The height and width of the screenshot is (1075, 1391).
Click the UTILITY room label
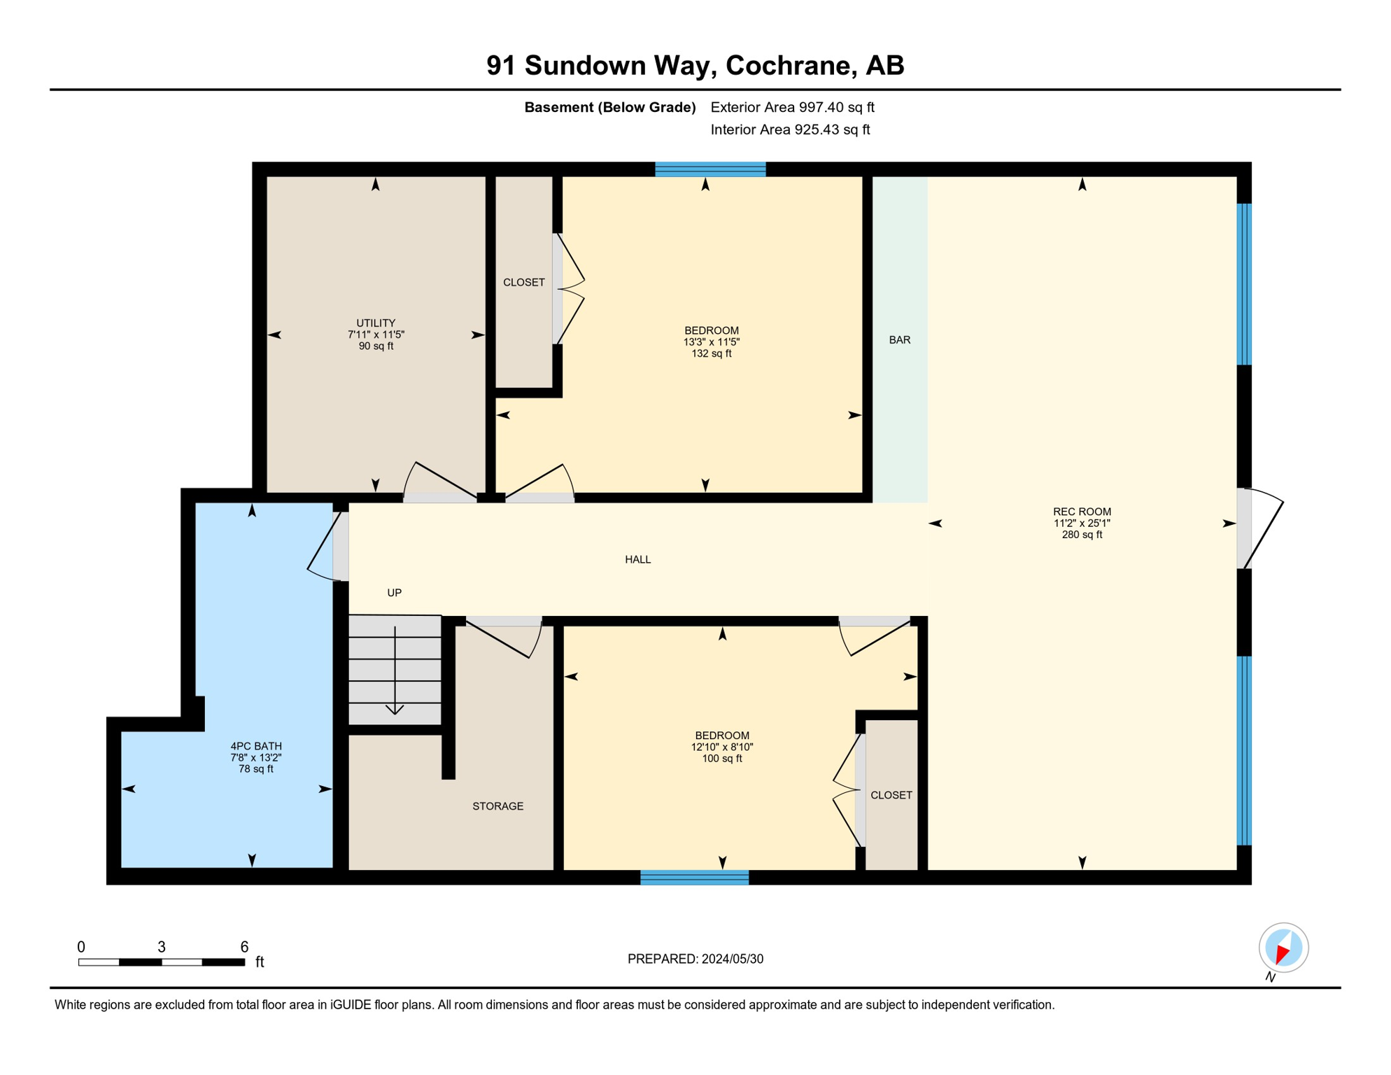[x=376, y=323]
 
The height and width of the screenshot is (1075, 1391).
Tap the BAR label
[x=899, y=340]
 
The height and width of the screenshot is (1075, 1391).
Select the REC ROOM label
[x=1082, y=512]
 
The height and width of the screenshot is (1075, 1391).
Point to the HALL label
[x=637, y=559]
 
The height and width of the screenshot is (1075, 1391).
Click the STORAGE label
[x=497, y=806]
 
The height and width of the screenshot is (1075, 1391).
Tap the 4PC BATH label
[x=256, y=746]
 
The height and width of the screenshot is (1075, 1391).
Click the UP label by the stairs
[x=394, y=593]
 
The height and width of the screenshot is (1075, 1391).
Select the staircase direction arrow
[x=395, y=672]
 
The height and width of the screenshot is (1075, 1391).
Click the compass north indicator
[x=1283, y=948]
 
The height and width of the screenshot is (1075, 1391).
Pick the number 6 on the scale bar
[x=244, y=947]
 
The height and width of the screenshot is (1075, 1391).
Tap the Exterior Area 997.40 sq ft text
[x=792, y=107]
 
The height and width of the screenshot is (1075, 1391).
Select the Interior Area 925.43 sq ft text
[x=790, y=129]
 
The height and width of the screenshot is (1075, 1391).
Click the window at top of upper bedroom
[x=710, y=169]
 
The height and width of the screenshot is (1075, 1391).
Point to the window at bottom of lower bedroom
[x=694, y=878]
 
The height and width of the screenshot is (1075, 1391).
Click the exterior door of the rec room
[x=1252, y=528]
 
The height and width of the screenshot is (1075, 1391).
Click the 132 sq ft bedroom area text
[x=712, y=354]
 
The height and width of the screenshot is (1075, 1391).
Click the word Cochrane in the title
[x=791, y=65]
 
